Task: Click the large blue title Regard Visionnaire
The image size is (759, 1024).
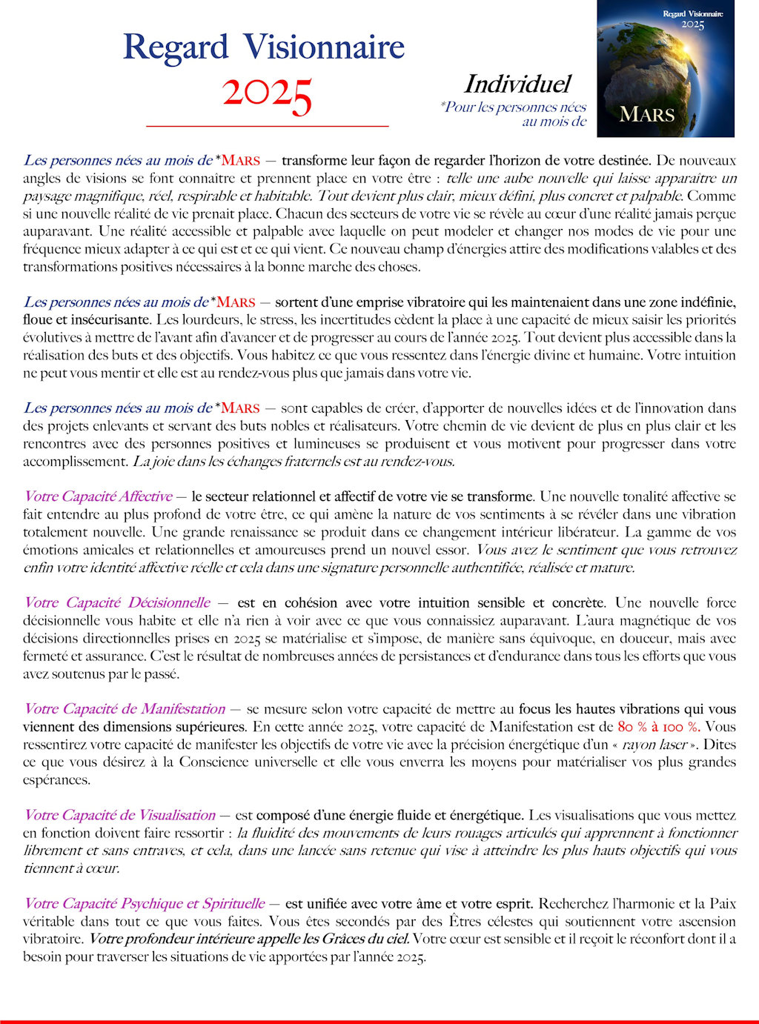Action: click(x=263, y=47)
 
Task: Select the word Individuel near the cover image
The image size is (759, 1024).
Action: click(x=517, y=84)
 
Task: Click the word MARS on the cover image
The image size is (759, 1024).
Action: click(x=646, y=115)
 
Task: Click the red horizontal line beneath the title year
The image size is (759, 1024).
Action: click(x=267, y=127)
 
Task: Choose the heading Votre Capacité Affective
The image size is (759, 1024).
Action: click(x=98, y=496)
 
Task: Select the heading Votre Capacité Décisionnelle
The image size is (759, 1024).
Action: click(x=117, y=602)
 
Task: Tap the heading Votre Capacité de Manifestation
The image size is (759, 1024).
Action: click(x=125, y=708)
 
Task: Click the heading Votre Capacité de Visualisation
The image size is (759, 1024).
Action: click(x=119, y=815)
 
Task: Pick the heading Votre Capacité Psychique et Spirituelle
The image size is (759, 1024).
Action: click(x=144, y=903)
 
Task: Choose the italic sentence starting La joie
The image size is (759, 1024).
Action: click(x=294, y=461)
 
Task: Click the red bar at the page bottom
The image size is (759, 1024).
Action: click(x=379, y=1021)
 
